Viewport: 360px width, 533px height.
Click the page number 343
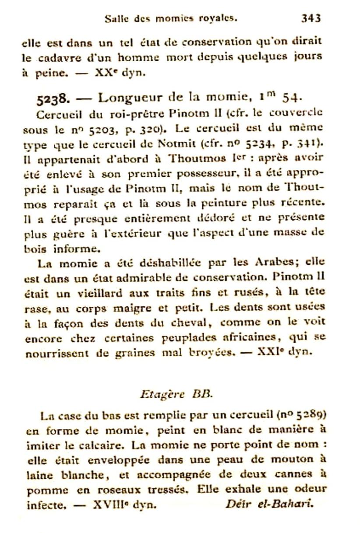tap(311, 18)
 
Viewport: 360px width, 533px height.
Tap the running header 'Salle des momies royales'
tap(171, 19)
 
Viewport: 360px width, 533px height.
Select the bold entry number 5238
tap(53, 98)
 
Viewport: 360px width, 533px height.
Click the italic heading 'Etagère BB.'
tap(176, 393)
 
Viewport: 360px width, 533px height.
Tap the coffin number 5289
tap(310, 414)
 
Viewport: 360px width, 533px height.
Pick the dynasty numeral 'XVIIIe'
tap(109, 504)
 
